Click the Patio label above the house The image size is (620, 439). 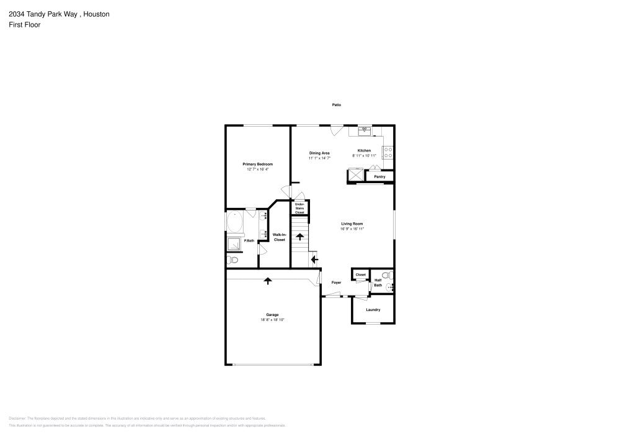336,105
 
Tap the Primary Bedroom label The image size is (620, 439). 257,164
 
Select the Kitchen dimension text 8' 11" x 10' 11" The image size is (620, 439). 364,156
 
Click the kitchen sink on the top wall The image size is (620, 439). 365,130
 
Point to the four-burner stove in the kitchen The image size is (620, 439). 387,152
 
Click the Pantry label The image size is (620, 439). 379,177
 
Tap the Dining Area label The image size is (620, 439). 319,153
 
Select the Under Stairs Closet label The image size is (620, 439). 299,208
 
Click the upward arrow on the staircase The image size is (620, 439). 299,236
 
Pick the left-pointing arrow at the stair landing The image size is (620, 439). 314,260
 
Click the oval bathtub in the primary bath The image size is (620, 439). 236,222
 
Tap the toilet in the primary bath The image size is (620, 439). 233,260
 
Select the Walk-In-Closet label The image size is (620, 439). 279,237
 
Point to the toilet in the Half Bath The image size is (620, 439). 386,274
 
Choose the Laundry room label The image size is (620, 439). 373,309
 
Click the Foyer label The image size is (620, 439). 336,283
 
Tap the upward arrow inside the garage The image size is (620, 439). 268,281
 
